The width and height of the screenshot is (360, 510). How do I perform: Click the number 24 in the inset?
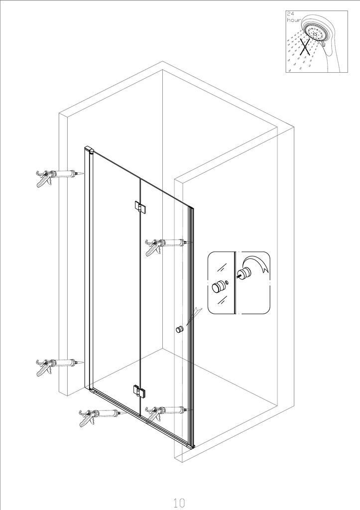pos(290,14)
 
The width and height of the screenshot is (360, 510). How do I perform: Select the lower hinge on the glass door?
pos(139,391)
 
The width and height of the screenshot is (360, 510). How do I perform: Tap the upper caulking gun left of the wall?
pos(59,177)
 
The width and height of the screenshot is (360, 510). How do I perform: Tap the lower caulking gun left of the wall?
pos(59,367)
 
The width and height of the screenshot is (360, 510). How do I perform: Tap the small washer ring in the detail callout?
pos(227,281)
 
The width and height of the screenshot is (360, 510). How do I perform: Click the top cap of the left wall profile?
pos(90,150)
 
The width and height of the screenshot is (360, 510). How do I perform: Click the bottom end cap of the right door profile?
pos(190,446)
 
